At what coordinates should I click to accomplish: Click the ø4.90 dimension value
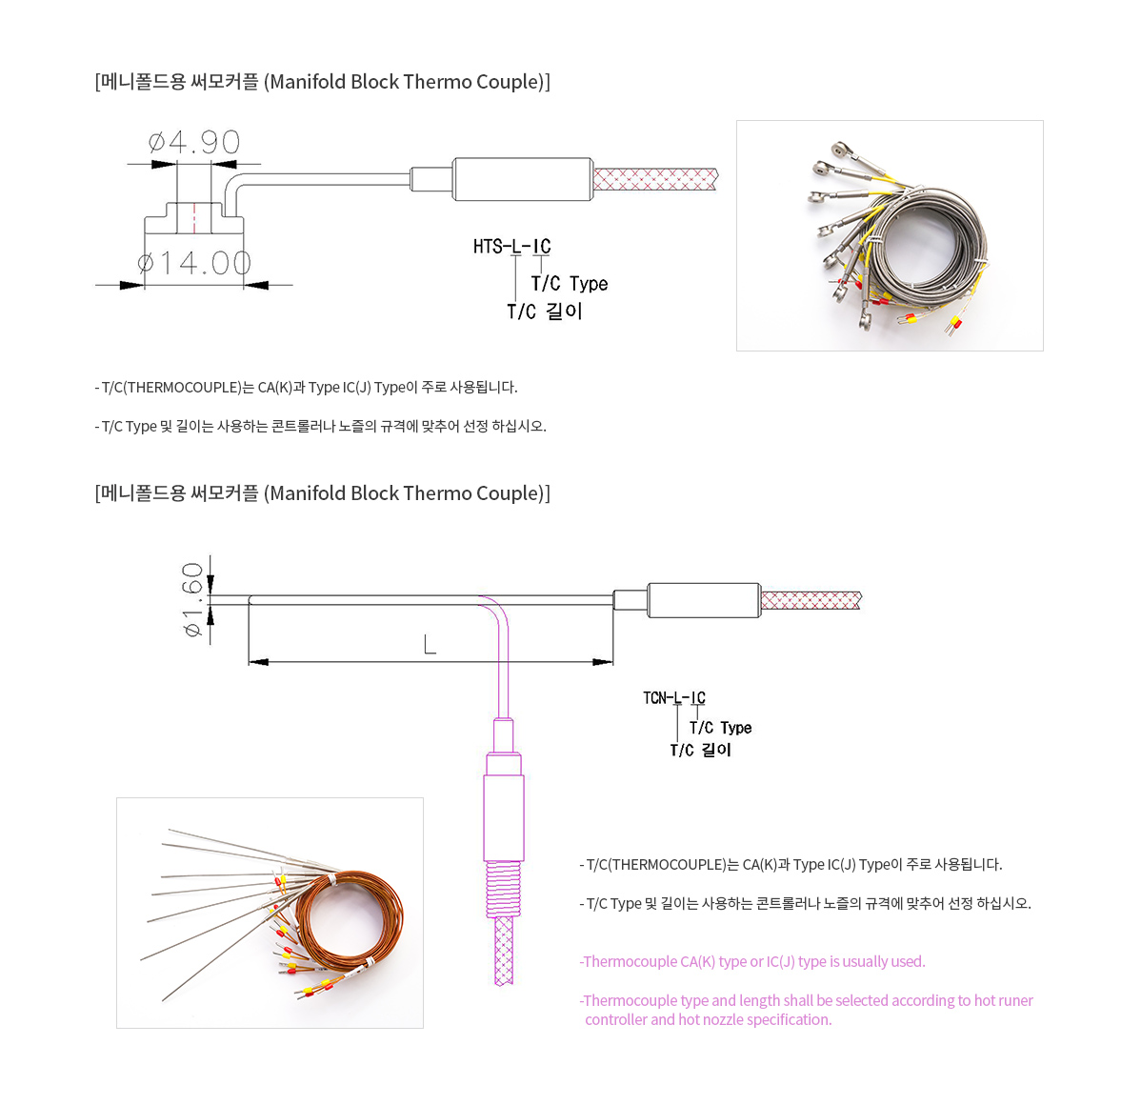point(194,142)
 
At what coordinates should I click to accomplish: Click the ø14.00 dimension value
point(194,263)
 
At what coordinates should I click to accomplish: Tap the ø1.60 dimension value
point(192,600)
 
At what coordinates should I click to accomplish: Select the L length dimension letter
point(430,644)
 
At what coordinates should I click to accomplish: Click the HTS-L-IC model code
point(511,247)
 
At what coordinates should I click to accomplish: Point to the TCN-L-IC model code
point(673,698)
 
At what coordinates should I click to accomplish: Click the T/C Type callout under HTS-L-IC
point(569,284)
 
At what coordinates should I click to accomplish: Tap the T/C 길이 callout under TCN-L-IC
point(700,751)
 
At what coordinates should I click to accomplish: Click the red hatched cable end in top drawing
point(655,179)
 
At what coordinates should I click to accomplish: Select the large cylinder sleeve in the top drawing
point(523,179)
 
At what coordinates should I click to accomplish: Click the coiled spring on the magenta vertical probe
point(504,889)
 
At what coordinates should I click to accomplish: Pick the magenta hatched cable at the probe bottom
point(504,951)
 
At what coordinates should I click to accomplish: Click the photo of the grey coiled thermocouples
point(890,236)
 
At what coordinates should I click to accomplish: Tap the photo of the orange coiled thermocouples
point(270,913)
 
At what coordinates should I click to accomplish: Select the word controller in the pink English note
point(615,1020)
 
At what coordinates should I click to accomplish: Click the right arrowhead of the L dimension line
point(603,662)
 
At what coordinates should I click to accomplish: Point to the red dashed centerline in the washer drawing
point(194,217)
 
